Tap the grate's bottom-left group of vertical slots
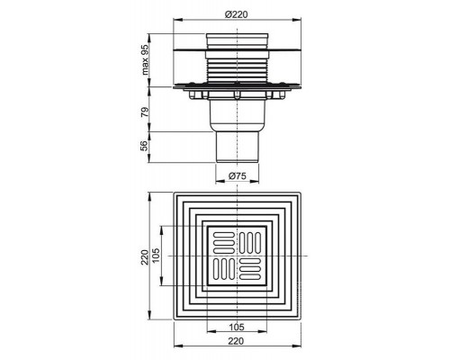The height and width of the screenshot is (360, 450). (x=222, y=270)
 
